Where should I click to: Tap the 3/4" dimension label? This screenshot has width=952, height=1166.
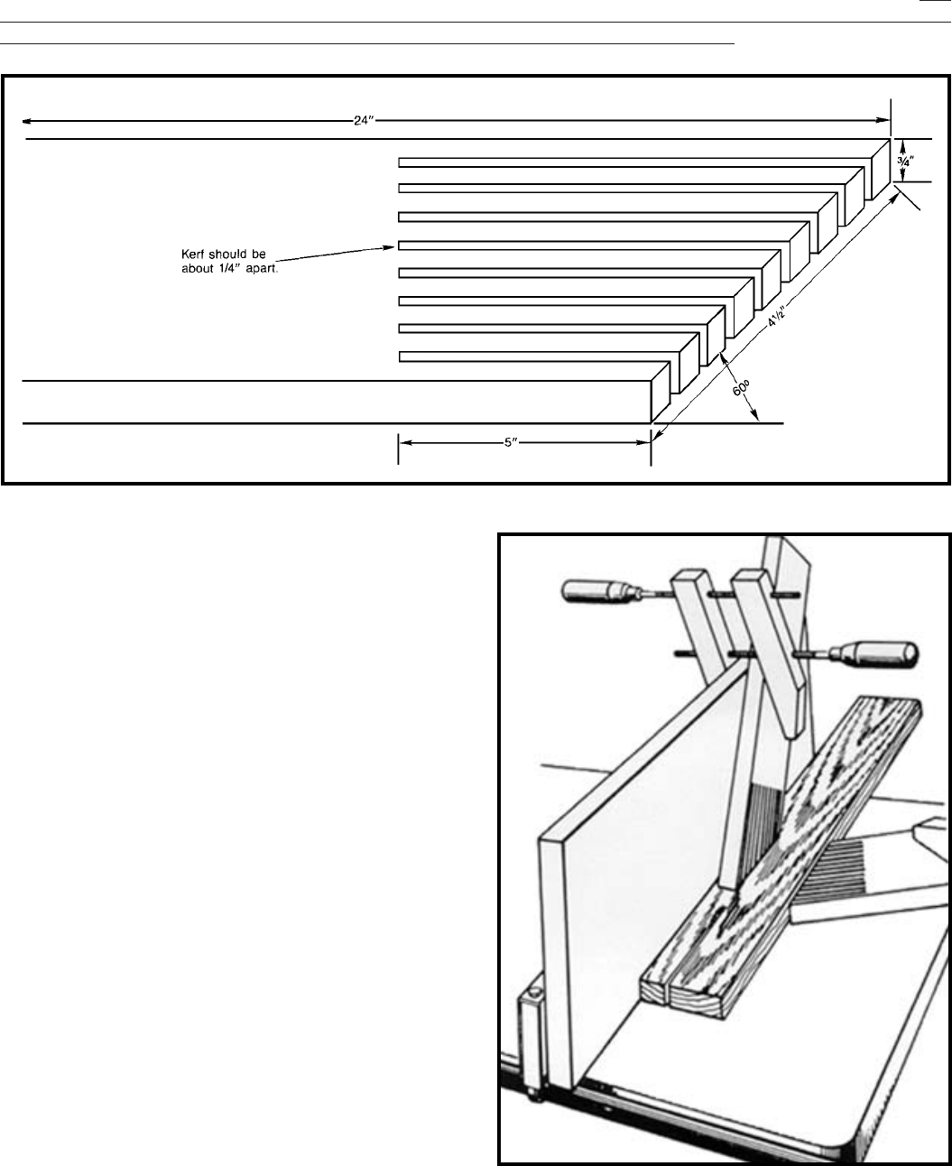tap(906, 159)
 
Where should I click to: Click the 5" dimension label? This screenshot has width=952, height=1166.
tap(522, 443)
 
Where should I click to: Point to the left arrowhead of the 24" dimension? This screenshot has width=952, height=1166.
tap(27, 120)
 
